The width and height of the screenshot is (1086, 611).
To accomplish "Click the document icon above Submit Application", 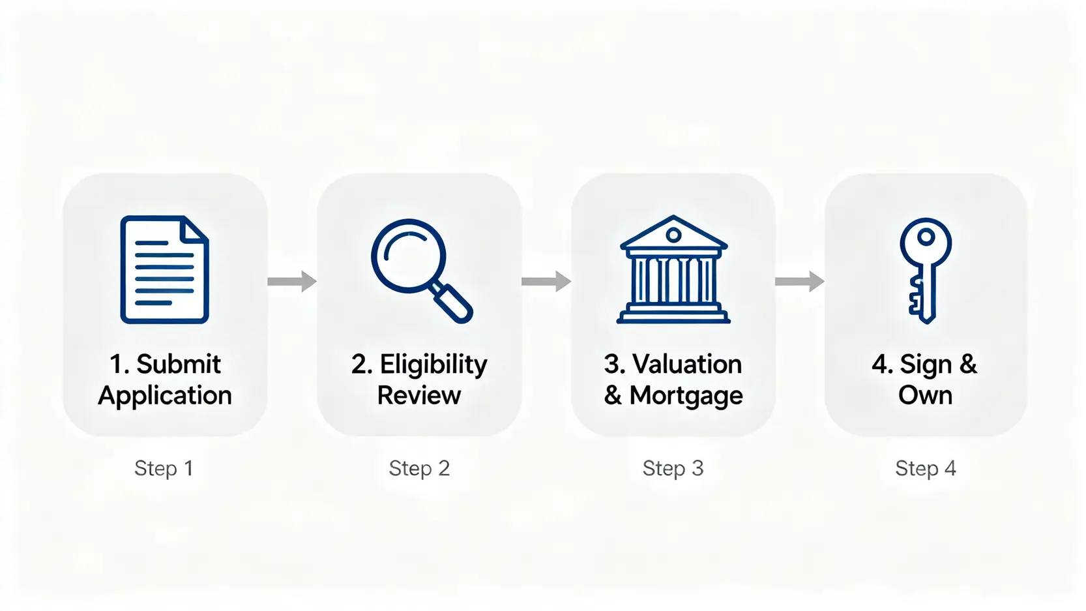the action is click(x=165, y=269).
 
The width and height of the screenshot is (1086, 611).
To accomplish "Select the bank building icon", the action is click(x=673, y=269).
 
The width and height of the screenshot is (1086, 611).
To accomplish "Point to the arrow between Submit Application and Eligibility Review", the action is click(x=292, y=281).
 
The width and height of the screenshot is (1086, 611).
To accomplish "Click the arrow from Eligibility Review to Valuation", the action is click(x=546, y=281).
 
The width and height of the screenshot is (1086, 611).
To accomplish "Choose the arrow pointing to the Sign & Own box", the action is click(x=800, y=281).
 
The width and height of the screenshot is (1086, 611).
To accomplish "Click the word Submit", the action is click(x=179, y=364).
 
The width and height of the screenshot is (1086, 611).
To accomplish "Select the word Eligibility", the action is click(x=433, y=365).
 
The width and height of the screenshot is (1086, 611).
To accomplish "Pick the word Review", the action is click(x=419, y=395).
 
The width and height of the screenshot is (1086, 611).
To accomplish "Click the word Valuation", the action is click(x=687, y=364).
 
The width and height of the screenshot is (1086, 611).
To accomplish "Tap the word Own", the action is click(x=925, y=395).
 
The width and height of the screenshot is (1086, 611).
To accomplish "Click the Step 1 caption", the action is click(x=164, y=469).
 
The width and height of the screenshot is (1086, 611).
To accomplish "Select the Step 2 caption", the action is click(x=419, y=469).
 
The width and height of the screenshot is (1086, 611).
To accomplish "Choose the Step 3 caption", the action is click(x=673, y=469).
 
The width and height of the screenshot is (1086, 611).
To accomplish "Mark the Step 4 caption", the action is click(x=926, y=469).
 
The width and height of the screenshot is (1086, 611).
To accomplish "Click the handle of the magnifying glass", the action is click(x=452, y=303).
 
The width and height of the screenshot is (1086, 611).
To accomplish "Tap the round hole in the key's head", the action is click(x=926, y=237).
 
